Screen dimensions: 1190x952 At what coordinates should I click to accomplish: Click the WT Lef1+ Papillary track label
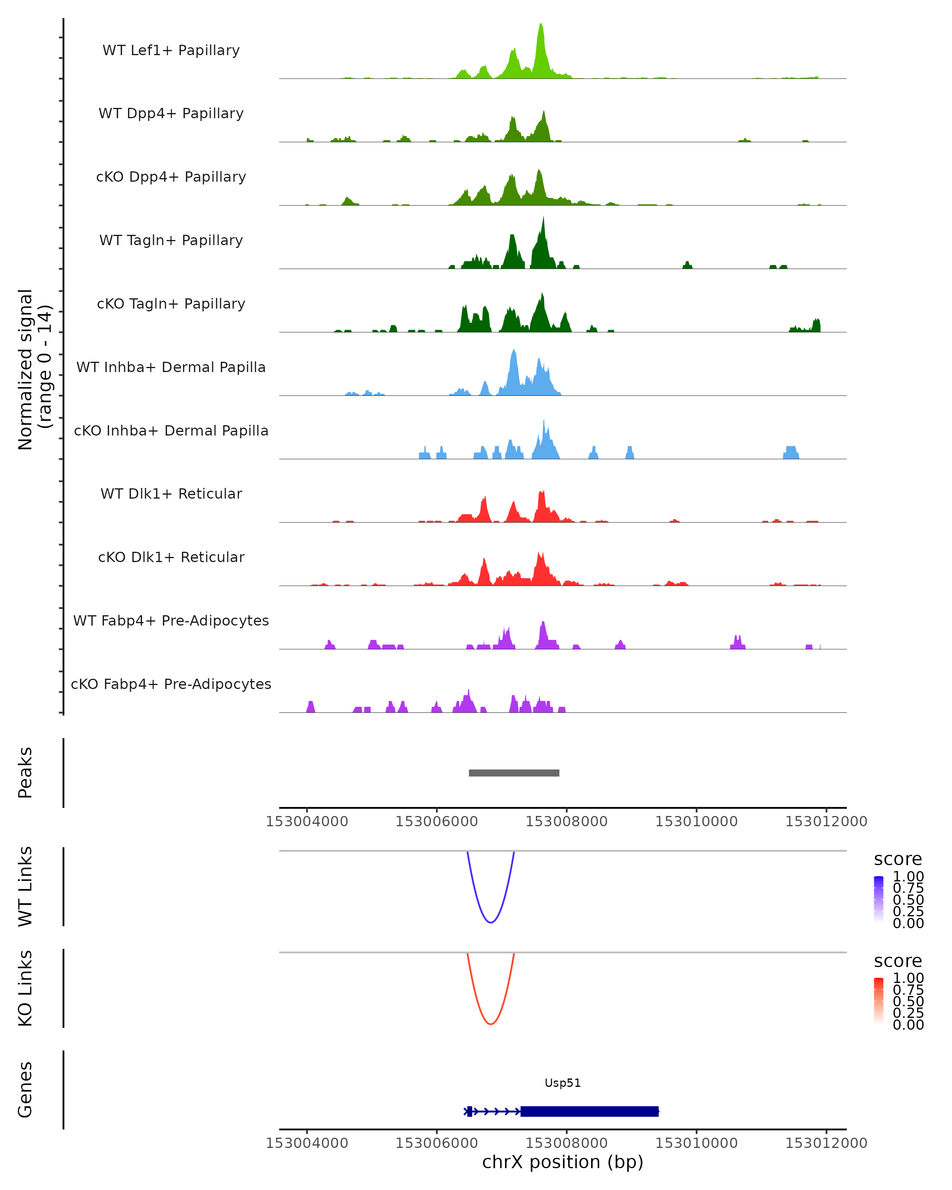(x=171, y=50)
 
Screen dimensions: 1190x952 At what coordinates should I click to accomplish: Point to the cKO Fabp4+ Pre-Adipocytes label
(x=171, y=684)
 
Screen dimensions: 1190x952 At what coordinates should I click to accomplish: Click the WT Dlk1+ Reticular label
(x=171, y=493)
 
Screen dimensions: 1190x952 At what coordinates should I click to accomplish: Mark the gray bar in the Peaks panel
(x=514, y=773)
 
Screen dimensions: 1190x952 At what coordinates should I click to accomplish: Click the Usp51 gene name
(x=562, y=1083)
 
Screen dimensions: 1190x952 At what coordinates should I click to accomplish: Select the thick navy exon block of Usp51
(x=589, y=1111)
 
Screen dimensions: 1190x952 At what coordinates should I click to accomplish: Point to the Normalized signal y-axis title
(x=34, y=370)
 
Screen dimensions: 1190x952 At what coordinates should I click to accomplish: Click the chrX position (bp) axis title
(x=562, y=1162)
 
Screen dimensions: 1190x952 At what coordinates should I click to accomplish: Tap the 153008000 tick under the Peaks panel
(x=566, y=821)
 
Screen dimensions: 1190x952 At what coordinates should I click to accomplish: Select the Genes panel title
(x=25, y=1090)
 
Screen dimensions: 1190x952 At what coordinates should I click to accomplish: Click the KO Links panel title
(x=25, y=988)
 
